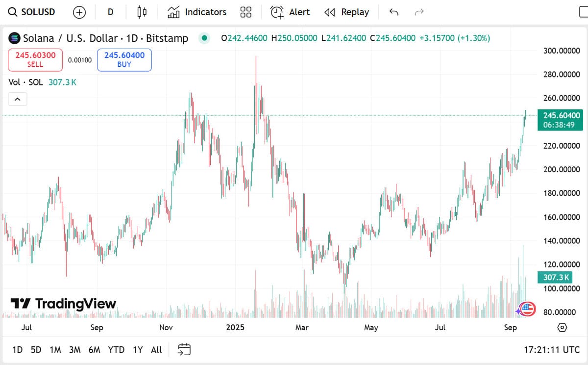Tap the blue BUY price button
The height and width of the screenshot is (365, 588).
(124, 60)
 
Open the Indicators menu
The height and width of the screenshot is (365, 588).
(197, 12)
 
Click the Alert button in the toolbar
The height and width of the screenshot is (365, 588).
(291, 12)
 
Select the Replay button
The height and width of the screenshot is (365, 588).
(347, 12)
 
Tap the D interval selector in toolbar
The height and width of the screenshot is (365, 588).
(111, 12)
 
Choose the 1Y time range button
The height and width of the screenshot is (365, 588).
(138, 350)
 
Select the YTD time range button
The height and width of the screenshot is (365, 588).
(116, 350)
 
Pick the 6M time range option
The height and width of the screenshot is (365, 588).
(94, 350)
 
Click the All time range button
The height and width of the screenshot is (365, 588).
(156, 350)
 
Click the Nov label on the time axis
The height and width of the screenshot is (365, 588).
(166, 328)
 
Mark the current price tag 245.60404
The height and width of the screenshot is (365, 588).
(562, 116)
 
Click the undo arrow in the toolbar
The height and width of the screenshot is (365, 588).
(394, 12)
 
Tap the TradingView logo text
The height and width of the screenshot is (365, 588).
(64, 304)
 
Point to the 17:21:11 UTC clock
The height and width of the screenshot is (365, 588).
(552, 350)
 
